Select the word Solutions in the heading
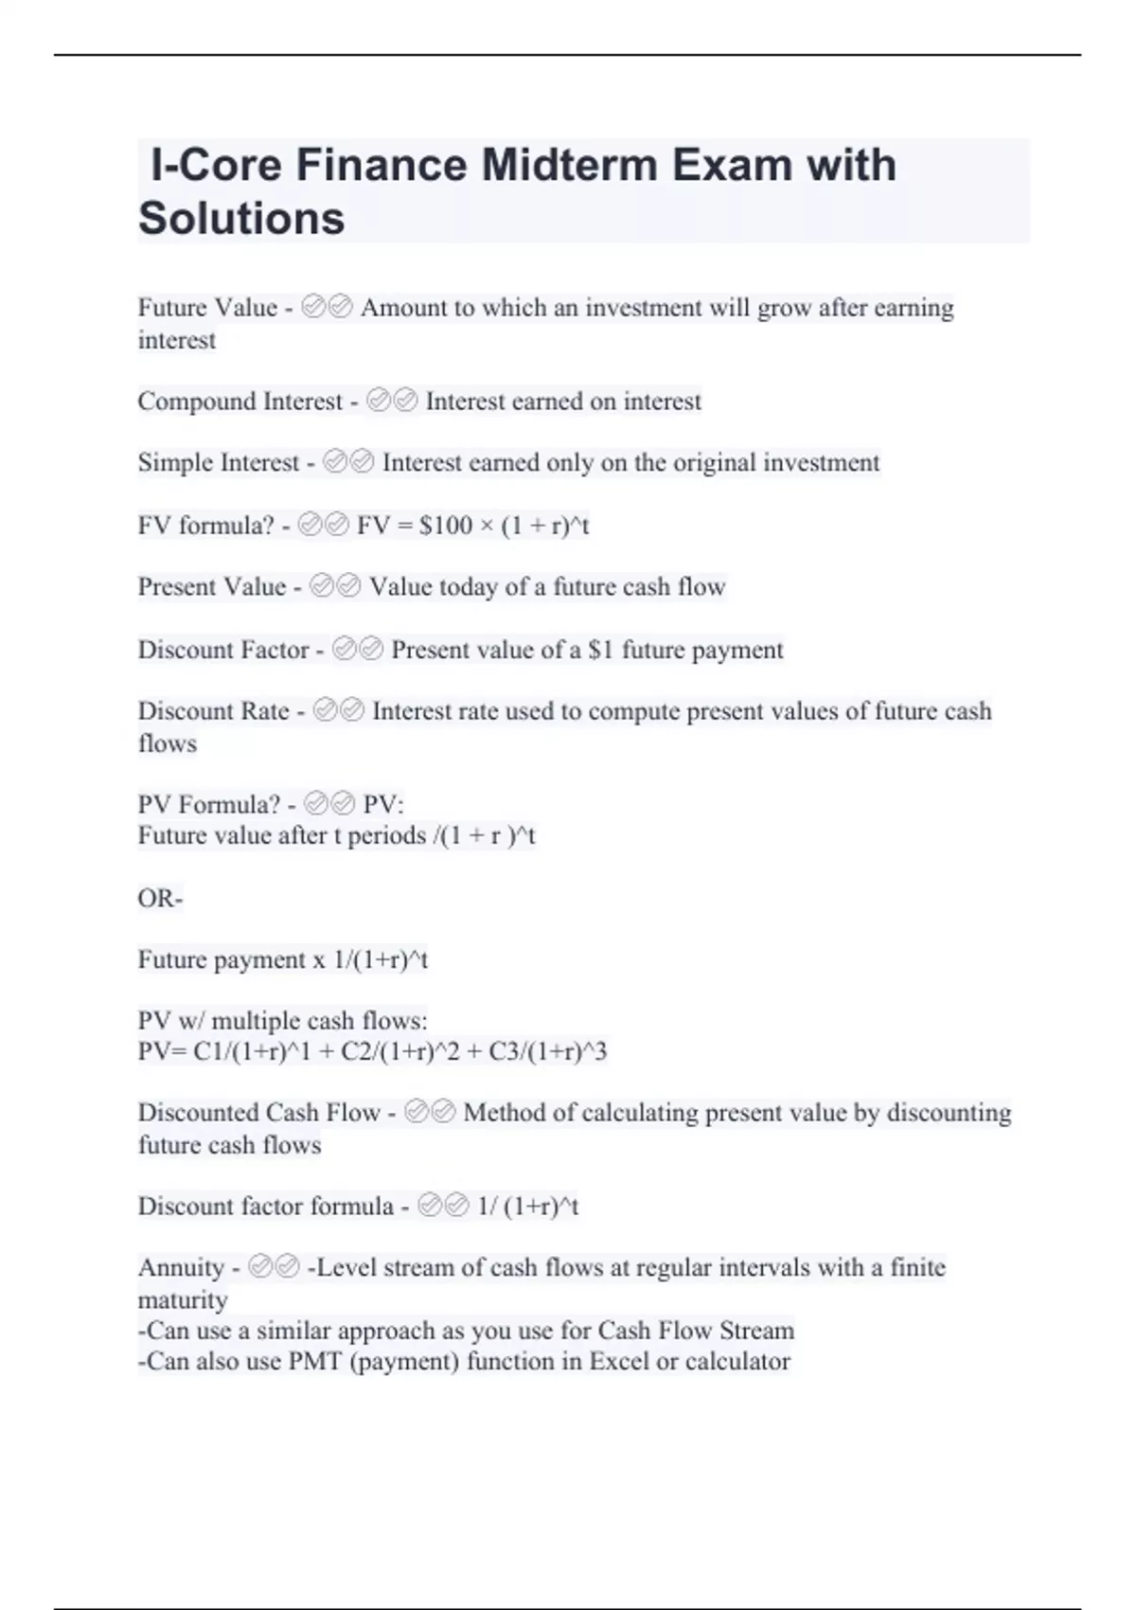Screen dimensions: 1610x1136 241,218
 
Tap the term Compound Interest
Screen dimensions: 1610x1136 240,402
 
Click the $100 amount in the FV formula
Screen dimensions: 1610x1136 445,526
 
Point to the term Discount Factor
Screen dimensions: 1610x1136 223,650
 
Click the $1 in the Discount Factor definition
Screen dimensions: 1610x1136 600,650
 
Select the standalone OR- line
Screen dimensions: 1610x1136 160,898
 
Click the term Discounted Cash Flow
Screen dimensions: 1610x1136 258,1113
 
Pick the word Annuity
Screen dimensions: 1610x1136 181,1267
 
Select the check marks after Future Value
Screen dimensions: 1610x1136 327,307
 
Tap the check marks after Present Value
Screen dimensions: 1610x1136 335,587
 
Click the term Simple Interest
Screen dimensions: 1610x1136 218,463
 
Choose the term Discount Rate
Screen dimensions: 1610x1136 213,711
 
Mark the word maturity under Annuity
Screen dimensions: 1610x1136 183,1299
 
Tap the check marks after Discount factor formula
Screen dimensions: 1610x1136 443,1207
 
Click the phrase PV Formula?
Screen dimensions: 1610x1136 208,805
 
